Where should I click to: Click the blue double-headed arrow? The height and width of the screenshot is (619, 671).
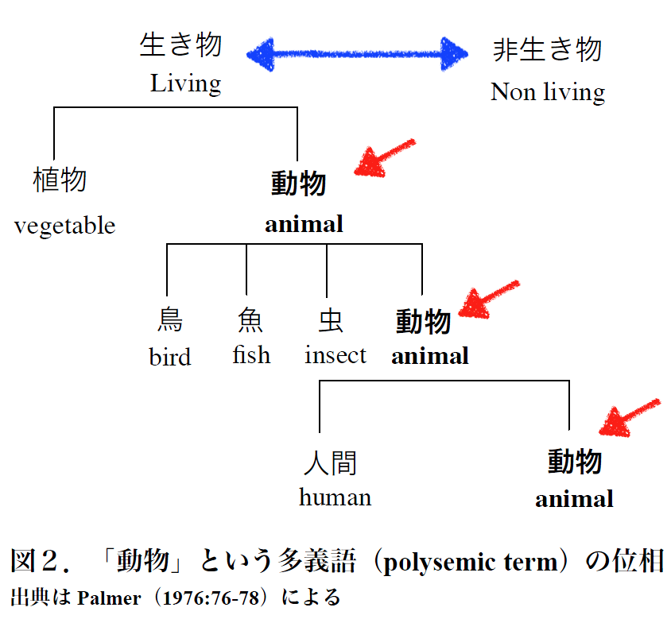pos(357,54)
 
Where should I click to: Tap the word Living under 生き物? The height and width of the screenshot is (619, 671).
pos(186,84)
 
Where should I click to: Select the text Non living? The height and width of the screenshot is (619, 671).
pos(548,92)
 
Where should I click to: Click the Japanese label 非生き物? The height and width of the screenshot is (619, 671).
pos(547,49)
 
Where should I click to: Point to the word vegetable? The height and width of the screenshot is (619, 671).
pos(64,226)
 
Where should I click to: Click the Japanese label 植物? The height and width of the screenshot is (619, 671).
pos(60,180)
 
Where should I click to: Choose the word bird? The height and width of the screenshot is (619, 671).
pos(170,357)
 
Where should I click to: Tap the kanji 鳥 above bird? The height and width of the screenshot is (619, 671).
pos(170,319)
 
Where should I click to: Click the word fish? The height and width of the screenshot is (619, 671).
pos(251,354)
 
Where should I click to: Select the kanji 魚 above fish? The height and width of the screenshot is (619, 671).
pos(250,319)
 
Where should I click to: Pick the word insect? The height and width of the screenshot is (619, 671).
pos(335,355)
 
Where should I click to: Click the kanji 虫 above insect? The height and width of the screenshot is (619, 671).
pos(331,320)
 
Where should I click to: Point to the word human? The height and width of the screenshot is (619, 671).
pos(335,497)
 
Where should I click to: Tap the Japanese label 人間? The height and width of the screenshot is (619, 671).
pos(330,463)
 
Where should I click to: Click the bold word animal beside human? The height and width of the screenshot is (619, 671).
pos(574,499)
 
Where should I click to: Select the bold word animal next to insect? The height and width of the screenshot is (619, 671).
pos(430,356)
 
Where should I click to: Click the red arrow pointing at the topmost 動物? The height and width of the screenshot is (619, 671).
pos(384,157)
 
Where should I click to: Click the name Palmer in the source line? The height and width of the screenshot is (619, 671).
pos(109,598)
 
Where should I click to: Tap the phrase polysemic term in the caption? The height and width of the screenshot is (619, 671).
pos(471,562)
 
